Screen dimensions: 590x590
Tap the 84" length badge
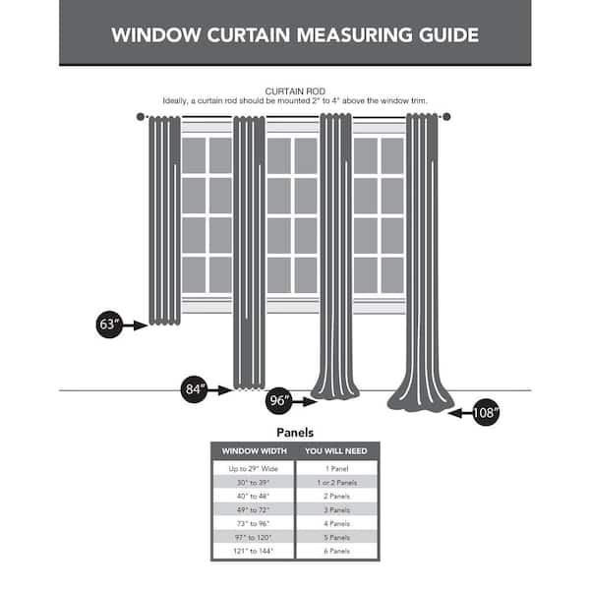(195, 389)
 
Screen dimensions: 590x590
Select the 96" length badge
(279, 401)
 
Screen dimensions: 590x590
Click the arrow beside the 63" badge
(136, 325)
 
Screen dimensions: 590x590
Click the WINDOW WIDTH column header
(254, 451)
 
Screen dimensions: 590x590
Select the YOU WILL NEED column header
(336, 451)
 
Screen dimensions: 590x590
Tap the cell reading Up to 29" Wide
(254, 469)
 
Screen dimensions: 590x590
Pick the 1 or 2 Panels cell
(336, 483)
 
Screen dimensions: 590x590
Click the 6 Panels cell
(336, 552)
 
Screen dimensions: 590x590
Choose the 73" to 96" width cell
(254, 524)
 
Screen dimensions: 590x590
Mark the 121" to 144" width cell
(254, 552)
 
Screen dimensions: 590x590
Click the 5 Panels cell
(336, 538)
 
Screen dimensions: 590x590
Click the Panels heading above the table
(295, 432)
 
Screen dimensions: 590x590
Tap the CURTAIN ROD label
(295, 90)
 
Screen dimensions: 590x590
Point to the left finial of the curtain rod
(141, 117)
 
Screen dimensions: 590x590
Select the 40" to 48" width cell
(254, 497)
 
